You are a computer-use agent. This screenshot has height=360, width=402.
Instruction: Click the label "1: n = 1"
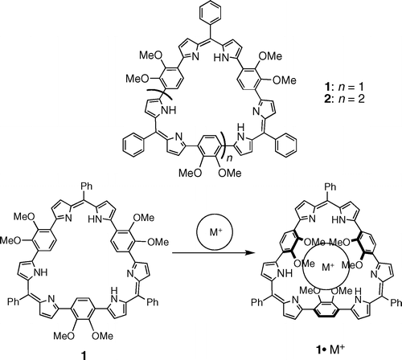pos(344,87)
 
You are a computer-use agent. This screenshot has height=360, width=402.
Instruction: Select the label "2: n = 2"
pos(344,99)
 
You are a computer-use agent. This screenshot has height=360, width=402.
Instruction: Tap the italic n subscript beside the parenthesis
pos(229,158)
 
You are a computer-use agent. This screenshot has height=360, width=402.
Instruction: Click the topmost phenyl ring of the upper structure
pos(210,12)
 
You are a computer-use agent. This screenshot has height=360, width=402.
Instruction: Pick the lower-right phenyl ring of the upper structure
pos(286,145)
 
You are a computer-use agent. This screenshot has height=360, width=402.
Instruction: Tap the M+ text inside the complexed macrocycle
pos(328,267)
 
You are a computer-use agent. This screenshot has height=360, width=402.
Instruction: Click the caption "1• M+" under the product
pos(330,350)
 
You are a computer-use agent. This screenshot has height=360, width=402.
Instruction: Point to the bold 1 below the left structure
pos(84,356)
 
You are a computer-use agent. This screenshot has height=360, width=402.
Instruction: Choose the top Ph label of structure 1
pos(86,186)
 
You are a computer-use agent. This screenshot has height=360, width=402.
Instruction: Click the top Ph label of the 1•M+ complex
pos(330,186)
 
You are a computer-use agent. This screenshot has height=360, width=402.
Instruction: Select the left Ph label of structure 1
pos(14,302)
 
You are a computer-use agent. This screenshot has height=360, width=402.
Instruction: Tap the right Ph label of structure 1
pos(153,302)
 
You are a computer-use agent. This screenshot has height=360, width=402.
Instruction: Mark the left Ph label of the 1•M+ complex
pos(257,302)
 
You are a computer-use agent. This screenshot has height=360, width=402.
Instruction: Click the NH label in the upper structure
pos(170,110)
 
